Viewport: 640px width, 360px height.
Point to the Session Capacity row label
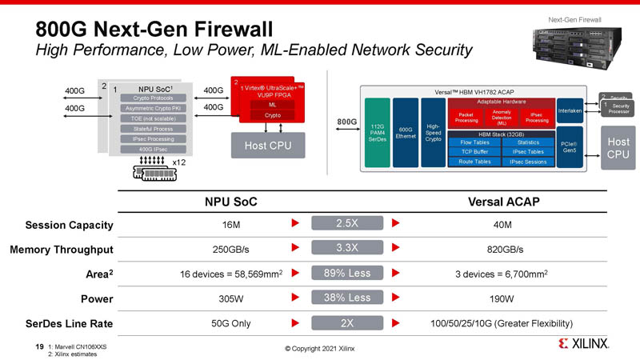[69, 225]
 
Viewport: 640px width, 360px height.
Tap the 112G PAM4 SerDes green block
[377, 133]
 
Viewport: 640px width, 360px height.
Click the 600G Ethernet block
[406, 133]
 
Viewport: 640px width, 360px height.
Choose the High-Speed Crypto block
[433, 133]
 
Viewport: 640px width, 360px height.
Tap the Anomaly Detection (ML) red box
[502, 118]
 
